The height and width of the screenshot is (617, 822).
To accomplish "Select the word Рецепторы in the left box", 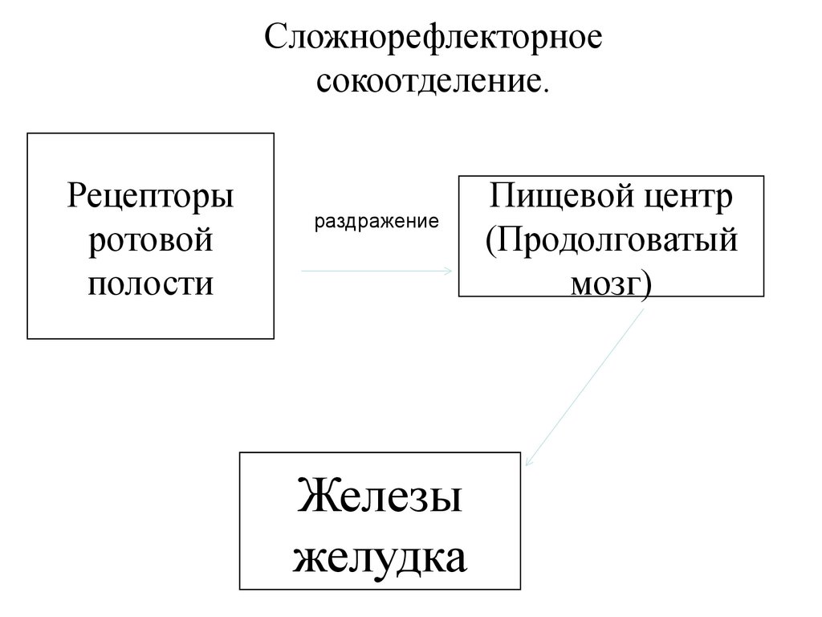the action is tap(151, 197).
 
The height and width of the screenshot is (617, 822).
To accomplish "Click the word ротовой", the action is tap(151, 239).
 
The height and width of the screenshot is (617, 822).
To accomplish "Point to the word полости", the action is tap(151, 283).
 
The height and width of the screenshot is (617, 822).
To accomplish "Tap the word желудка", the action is tap(380, 556).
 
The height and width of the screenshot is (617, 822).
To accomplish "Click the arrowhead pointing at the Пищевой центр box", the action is tap(448, 272).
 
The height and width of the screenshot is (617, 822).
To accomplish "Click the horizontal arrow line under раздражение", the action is tap(373, 272).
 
